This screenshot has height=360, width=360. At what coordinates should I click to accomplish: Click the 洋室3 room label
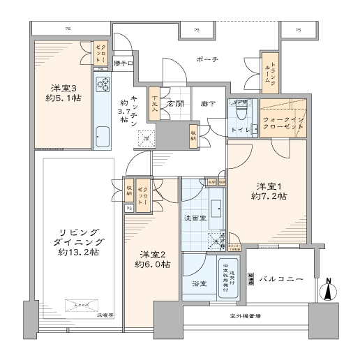tap(63, 93)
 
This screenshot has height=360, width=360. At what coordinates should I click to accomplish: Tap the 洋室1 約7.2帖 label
tap(271, 192)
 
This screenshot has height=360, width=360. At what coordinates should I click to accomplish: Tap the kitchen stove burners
tap(104, 84)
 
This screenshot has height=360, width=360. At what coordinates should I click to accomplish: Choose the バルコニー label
tap(281, 279)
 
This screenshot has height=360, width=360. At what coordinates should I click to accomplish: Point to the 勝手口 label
tap(123, 64)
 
